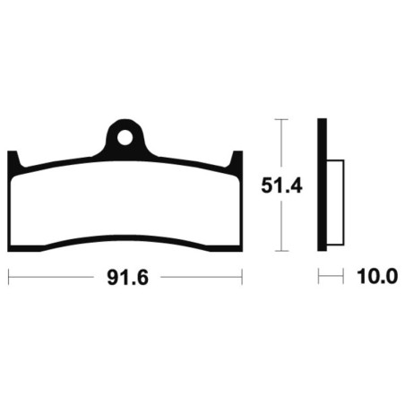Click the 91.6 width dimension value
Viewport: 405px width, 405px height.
click(128, 278)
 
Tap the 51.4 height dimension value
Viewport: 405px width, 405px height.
click(281, 185)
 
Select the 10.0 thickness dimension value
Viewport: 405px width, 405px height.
click(377, 277)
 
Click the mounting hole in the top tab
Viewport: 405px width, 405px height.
click(125, 138)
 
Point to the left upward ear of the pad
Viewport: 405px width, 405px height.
click(13, 159)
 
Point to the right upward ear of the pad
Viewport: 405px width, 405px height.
click(237, 159)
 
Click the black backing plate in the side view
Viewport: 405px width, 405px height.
click(322, 185)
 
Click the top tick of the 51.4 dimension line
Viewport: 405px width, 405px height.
click(280, 119)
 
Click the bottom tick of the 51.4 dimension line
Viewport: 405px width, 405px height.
click(280, 251)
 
